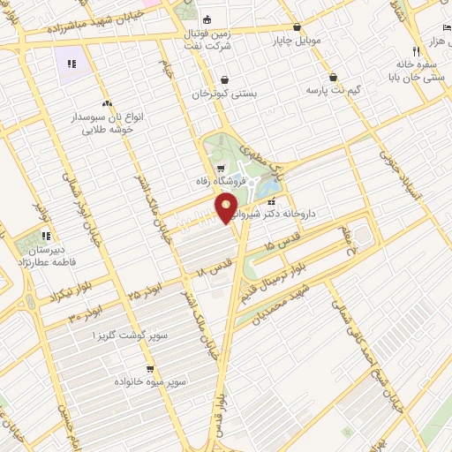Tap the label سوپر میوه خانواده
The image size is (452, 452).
(x=149, y=381)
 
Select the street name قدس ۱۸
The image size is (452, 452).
(x=217, y=260)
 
